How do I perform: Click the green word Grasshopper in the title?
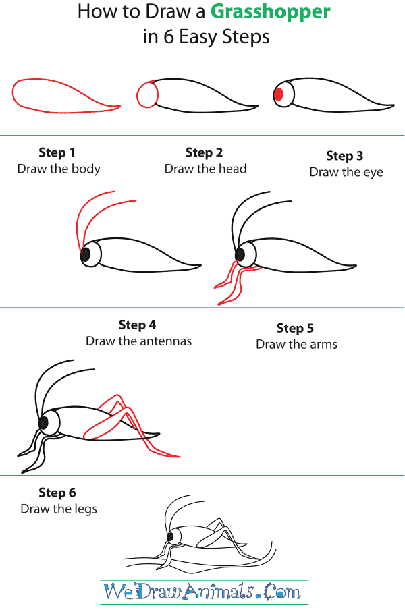point(270,11)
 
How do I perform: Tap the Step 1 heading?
point(57,152)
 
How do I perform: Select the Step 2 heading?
point(204,152)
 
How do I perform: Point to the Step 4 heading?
point(137,325)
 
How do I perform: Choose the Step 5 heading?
point(295,328)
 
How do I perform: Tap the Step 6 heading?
point(57,492)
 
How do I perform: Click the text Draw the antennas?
point(138,341)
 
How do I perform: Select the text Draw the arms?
point(296,344)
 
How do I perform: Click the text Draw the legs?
point(59,509)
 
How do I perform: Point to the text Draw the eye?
point(346,172)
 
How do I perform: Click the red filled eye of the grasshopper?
point(278,95)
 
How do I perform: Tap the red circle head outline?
point(146,94)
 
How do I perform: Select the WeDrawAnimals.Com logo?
point(202,592)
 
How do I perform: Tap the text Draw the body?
point(59,169)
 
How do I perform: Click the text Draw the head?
point(205,169)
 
